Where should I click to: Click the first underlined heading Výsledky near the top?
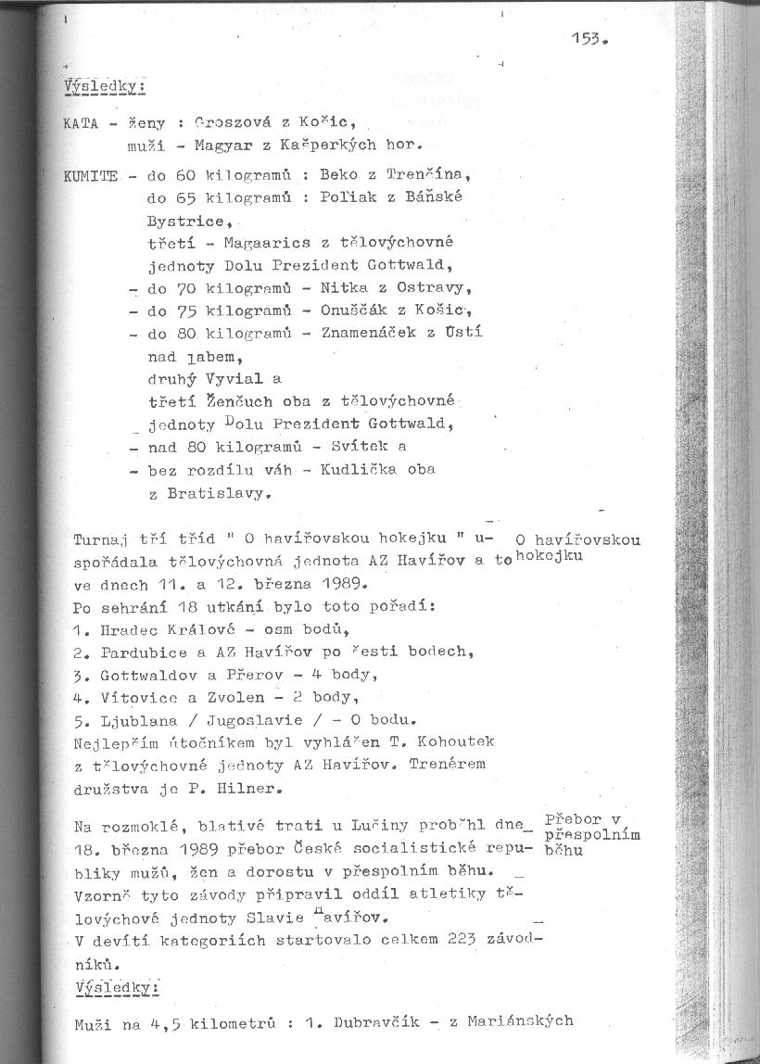click(x=103, y=87)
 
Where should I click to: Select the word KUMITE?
click(x=92, y=175)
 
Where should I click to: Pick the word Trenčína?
click(x=429, y=174)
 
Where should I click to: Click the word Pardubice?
click(x=139, y=652)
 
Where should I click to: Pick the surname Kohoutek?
click(x=462, y=741)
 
